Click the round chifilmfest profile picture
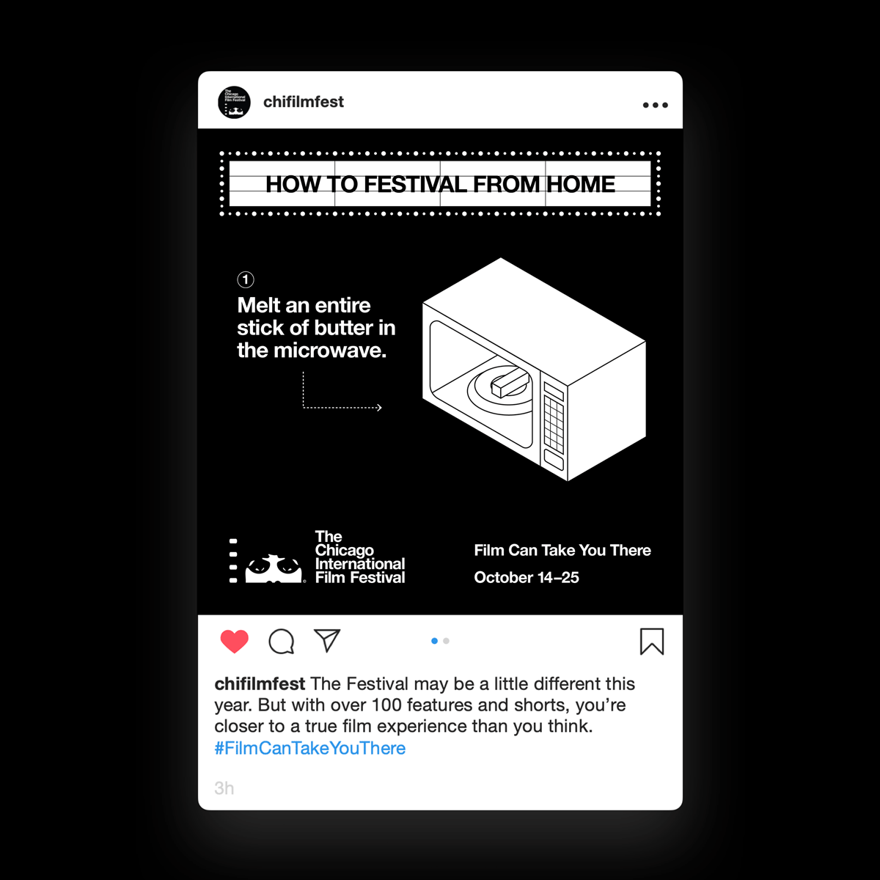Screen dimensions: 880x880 click(234, 102)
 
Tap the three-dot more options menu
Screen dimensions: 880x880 click(655, 105)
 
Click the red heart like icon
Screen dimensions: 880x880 click(234, 641)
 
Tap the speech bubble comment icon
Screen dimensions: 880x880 click(281, 641)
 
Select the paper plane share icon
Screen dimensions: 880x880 click(327, 640)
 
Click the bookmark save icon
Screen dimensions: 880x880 click(652, 642)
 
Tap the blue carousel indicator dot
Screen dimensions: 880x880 click(434, 641)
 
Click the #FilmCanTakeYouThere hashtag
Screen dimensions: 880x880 click(309, 748)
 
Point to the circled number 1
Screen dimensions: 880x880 click(246, 279)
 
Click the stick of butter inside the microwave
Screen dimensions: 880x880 click(510, 383)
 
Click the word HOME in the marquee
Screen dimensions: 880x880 click(580, 185)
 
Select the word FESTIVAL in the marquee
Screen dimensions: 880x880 click(416, 185)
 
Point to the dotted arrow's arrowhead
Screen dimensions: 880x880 click(379, 407)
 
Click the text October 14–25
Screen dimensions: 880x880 click(526, 578)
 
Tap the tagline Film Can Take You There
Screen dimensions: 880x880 click(562, 550)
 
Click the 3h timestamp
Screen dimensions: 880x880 click(224, 788)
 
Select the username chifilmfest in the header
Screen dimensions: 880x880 click(303, 102)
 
